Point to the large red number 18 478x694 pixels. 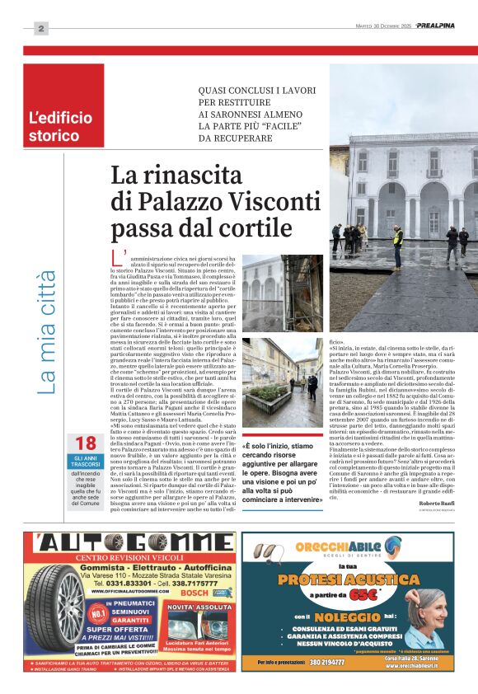85,443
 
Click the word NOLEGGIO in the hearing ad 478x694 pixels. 364,616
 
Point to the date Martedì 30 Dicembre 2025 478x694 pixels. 394,25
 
